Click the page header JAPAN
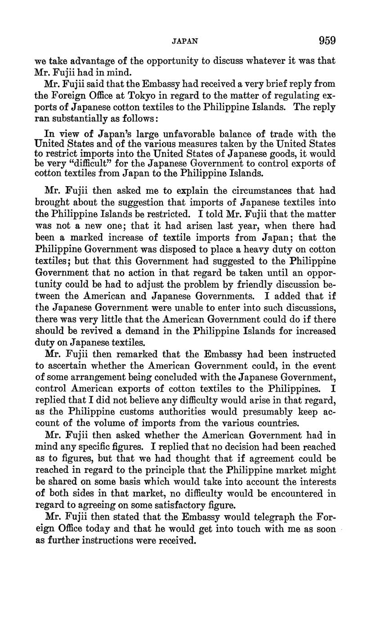coord(185,41)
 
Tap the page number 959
coord(327,40)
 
